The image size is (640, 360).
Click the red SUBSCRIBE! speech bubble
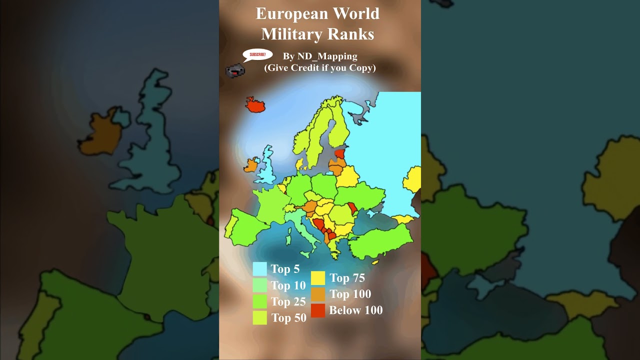click(257, 54)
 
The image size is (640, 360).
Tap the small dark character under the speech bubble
click(234, 70)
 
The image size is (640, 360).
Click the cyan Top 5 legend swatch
click(259, 269)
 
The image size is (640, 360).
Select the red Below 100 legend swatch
click(318, 310)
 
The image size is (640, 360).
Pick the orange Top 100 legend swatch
click(318, 294)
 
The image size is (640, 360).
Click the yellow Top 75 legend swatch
click(318, 278)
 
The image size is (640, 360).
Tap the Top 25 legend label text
click(288, 301)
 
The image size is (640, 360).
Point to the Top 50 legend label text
click(288, 318)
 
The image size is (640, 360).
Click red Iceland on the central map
click(255, 105)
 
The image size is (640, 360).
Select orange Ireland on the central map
click(251, 165)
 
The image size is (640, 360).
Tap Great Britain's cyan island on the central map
click(267, 165)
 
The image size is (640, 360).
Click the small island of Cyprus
click(375, 261)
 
